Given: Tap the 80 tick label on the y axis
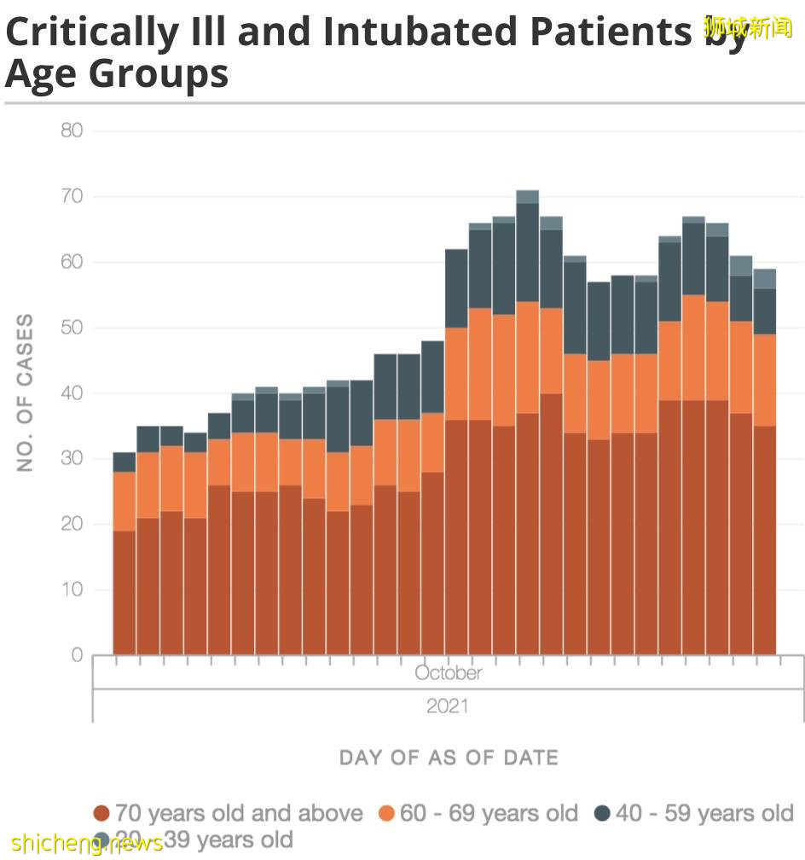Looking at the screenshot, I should point(72,131).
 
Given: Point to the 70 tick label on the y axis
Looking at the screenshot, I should point(72,196).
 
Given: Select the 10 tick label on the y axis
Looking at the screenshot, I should point(72,590).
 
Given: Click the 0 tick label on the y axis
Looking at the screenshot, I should point(77,655).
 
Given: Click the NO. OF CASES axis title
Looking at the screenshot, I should point(26,392).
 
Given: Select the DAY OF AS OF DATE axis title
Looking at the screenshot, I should point(449,758).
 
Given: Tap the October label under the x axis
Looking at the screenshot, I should point(449,673).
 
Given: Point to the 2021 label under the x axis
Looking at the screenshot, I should point(449,706).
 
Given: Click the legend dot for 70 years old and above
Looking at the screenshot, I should point(101,814).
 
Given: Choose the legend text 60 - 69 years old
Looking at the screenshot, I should point(489,814).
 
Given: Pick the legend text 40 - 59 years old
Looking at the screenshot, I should point(704,814).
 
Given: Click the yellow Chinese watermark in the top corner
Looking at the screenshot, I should point(748,26).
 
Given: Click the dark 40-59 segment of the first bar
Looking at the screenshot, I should point(125,462).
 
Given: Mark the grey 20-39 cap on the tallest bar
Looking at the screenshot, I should point(527,196).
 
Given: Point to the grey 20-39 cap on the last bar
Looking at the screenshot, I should point(764,278).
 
